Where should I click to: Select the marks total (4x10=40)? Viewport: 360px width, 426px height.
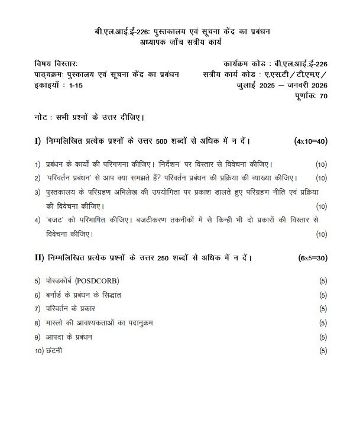(x=310, y=141)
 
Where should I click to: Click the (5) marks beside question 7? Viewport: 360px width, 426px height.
(x=322, y=309)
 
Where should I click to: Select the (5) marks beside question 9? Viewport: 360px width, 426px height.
(x=322, y=337)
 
